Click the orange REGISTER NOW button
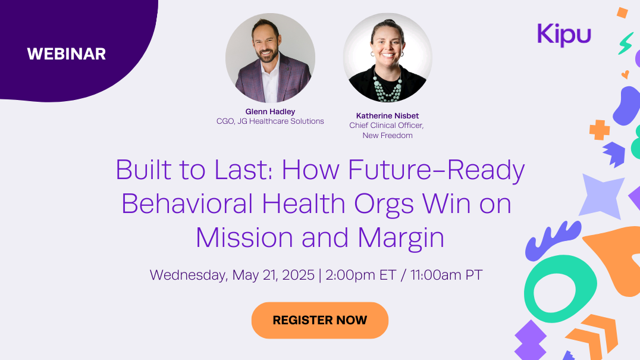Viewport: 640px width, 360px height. point(319,320)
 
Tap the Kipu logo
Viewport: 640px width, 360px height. point(564,35)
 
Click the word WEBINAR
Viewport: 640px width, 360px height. point(67,54)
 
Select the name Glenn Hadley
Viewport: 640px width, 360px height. point(270,111)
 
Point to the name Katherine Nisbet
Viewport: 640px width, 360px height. point(387,116)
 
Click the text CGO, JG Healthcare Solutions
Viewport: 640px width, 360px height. point(270,121)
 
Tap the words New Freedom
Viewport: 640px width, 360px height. point(387,136)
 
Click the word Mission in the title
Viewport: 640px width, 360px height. point(244,237)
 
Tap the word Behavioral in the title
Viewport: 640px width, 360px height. point(187,204)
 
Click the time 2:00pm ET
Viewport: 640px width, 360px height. point(361,275)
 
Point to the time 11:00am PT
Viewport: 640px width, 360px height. point(446,275)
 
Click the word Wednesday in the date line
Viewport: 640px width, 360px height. point(189,276)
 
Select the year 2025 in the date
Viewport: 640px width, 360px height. point(298,275)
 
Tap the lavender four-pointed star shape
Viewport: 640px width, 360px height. point(601,196)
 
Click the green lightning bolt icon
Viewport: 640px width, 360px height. point(625,43)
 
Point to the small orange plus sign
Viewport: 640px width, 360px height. point(599,130)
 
